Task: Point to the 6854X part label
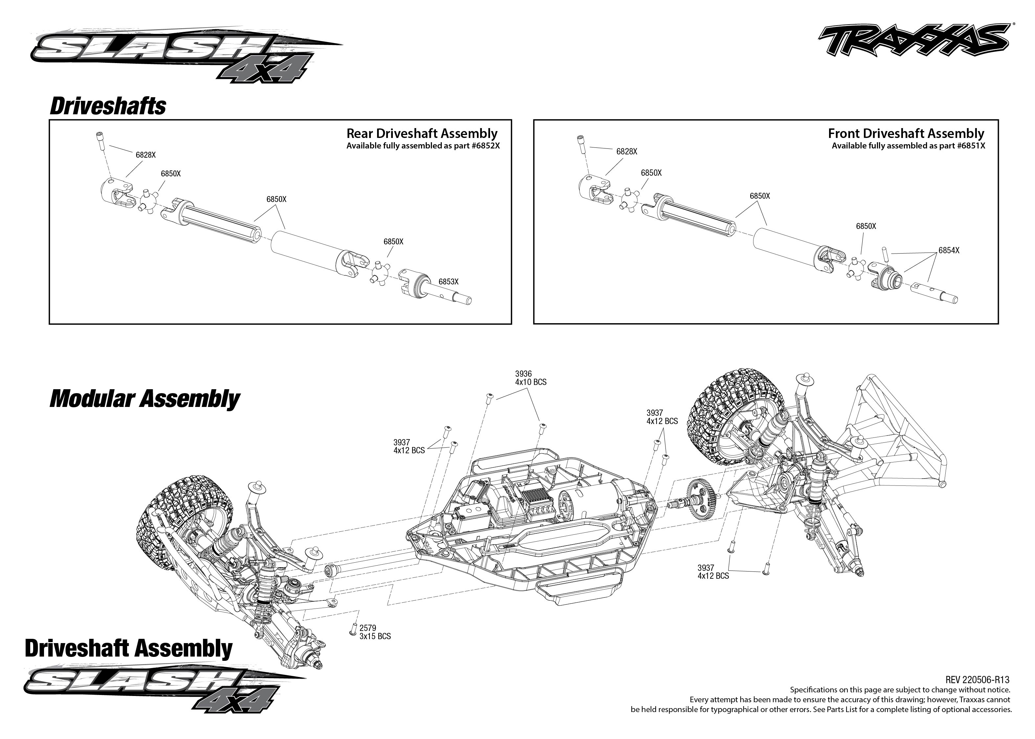[949, 250]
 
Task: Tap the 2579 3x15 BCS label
[375, 632]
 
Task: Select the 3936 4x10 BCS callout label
[530, 378]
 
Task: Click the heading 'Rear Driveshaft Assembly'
[422, 133]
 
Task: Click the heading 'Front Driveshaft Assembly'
[906, 133]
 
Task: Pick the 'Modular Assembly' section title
[145, 399]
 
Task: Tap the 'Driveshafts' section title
[108, 106]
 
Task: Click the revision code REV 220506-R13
[977, 680]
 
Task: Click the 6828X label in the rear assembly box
[146, 155]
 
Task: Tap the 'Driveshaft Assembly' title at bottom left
[129, 648]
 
